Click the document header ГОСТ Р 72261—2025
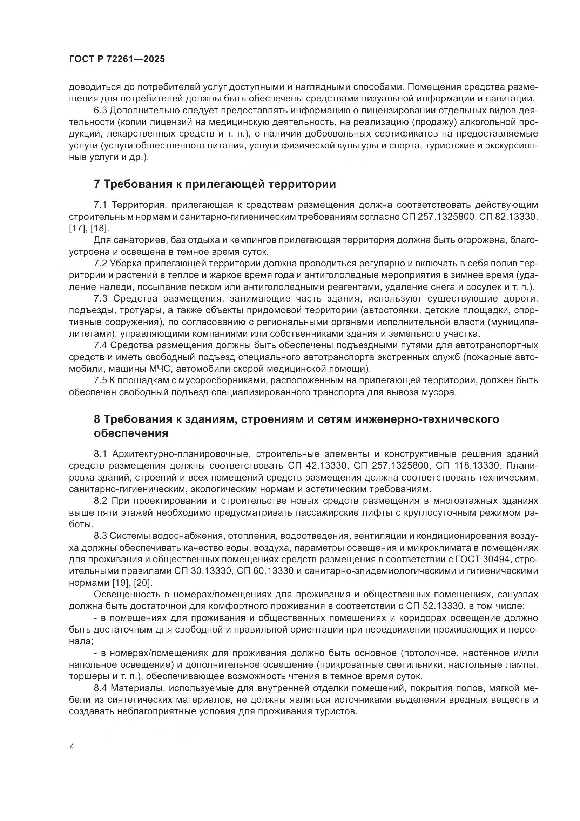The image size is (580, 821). point(117,59)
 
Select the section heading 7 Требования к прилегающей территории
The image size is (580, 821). point(215,184)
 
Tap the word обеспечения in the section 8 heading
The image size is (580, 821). point(131,433)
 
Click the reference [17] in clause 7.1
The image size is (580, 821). point(75,229)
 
